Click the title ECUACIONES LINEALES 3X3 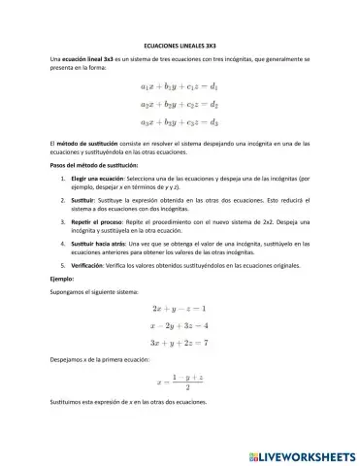click(x=180, y=45)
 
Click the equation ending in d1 click(x=180, y=87)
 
